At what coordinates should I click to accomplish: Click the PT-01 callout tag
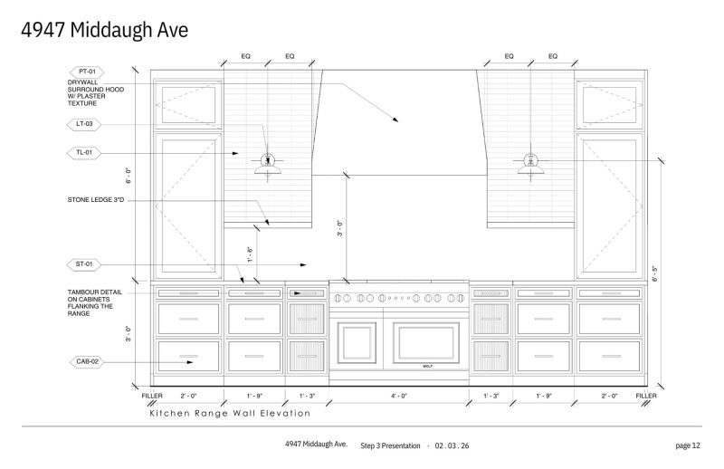click(87, 72)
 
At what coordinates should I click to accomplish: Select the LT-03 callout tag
click(84, 124)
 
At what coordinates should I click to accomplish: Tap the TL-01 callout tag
click(84, 152)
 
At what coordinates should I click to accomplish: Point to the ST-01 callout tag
click(84, 264)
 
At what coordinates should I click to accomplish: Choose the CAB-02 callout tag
click(87, 362)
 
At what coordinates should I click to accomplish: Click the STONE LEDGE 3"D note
click(96, 200)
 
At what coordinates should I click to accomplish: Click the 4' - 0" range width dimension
click(399, 396)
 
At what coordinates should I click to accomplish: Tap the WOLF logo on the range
click(427, 366)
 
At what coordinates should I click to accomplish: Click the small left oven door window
click(357, 342)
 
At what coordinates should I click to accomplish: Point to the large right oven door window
click(425, 342)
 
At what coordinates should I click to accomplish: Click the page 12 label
click(688, 445)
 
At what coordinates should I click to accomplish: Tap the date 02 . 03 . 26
click(452, 445)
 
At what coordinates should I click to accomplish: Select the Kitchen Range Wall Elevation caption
click(230, 413)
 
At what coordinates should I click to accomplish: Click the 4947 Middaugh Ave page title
click(105, 30)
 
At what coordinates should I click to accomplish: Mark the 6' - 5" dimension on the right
click(654, 273)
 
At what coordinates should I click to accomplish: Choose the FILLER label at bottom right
click(646, 396)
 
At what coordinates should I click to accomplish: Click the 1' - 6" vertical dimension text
click(250, 254)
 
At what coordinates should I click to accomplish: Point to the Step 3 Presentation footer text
click(390, 445)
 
